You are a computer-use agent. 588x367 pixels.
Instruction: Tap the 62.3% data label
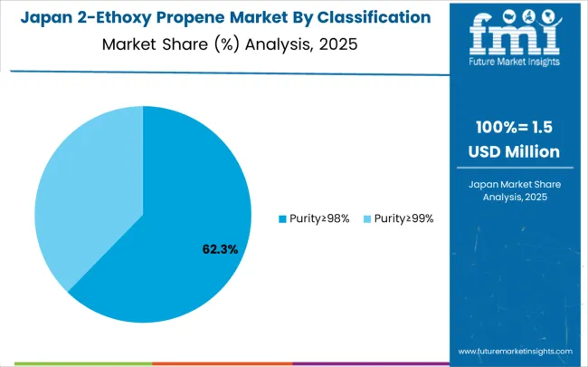pyautogui.click(x=218, y=248)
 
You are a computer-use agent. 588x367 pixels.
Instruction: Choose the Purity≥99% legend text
pyautogui.click(x=403, y=218)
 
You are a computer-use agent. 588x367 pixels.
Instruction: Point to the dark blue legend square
pyautogui.click(x=281, y=218)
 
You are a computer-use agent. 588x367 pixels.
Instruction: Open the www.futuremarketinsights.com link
pyautogui.click(x=515, y=351)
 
